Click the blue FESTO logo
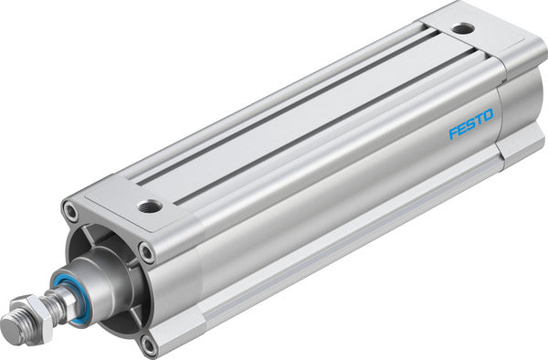[x=470, y=124]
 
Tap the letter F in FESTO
[x=452, y=134]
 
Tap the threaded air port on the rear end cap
[x=463, y=28]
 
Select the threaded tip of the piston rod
[x=15, y=323]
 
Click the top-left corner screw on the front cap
[x=70, y=212]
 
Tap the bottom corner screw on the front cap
[x=149, y=344]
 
